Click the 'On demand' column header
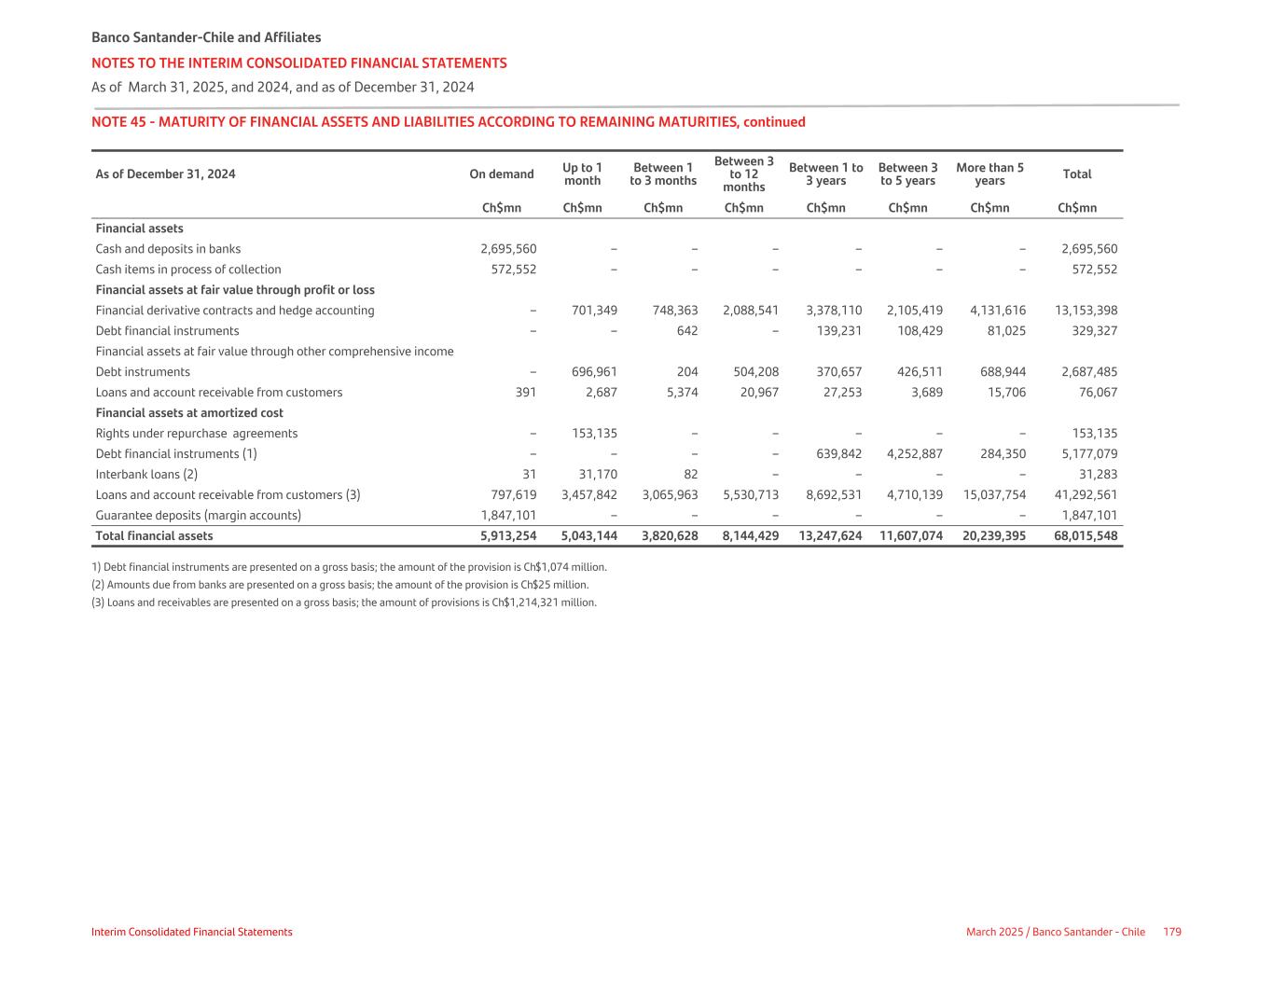pyautogui.click(x=502, y=174)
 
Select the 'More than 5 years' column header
pyautogui.click(x=989, y=174)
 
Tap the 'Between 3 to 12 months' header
pyautogui.click(x=743, y=174)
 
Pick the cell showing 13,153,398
pyautogui.click(x=1086, y=311)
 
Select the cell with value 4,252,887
pyautogui.click(x=914, y=454)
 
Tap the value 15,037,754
pyautogui.click(x=994, y=495)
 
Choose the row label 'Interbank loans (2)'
pyautogui.click(x=146, y=475)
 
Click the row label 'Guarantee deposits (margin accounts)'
pyautogui.click(x=198, y=516)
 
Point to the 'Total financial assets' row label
pyautogui.click(x=154, y=536)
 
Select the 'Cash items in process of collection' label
pyautogui.click(x=188, y=270)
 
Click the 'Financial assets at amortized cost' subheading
pyautogui.click(x=189, y=413)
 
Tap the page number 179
pyautogui.click(x=1172, y=932)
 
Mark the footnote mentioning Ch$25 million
pyautogui.click(x=340, y=585)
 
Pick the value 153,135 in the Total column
pyautogui.click(x=1095, y=434)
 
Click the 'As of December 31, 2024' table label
pyautogui.click(x=165, y=174)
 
